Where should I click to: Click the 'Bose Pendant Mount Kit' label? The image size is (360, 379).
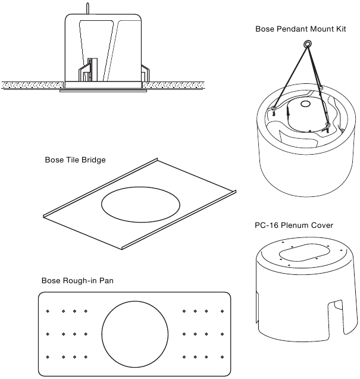pos(300,29)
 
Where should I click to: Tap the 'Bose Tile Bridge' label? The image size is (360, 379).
pos(75,160)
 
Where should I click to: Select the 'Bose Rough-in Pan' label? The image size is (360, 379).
pos(77,281)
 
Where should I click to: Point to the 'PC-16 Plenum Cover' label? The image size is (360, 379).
pos(294,225)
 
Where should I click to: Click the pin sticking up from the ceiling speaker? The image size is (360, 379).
pos(87,9)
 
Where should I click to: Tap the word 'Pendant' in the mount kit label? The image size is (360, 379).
pos(292,29)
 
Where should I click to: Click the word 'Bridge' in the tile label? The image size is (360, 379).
pos(93,160)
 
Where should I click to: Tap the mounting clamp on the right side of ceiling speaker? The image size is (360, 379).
pos(145,73)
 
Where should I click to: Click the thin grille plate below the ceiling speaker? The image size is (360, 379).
pos(103,91)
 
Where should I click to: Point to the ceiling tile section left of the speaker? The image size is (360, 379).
pos(33,85)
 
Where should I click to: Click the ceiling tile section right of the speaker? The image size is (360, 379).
pos(173,85)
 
